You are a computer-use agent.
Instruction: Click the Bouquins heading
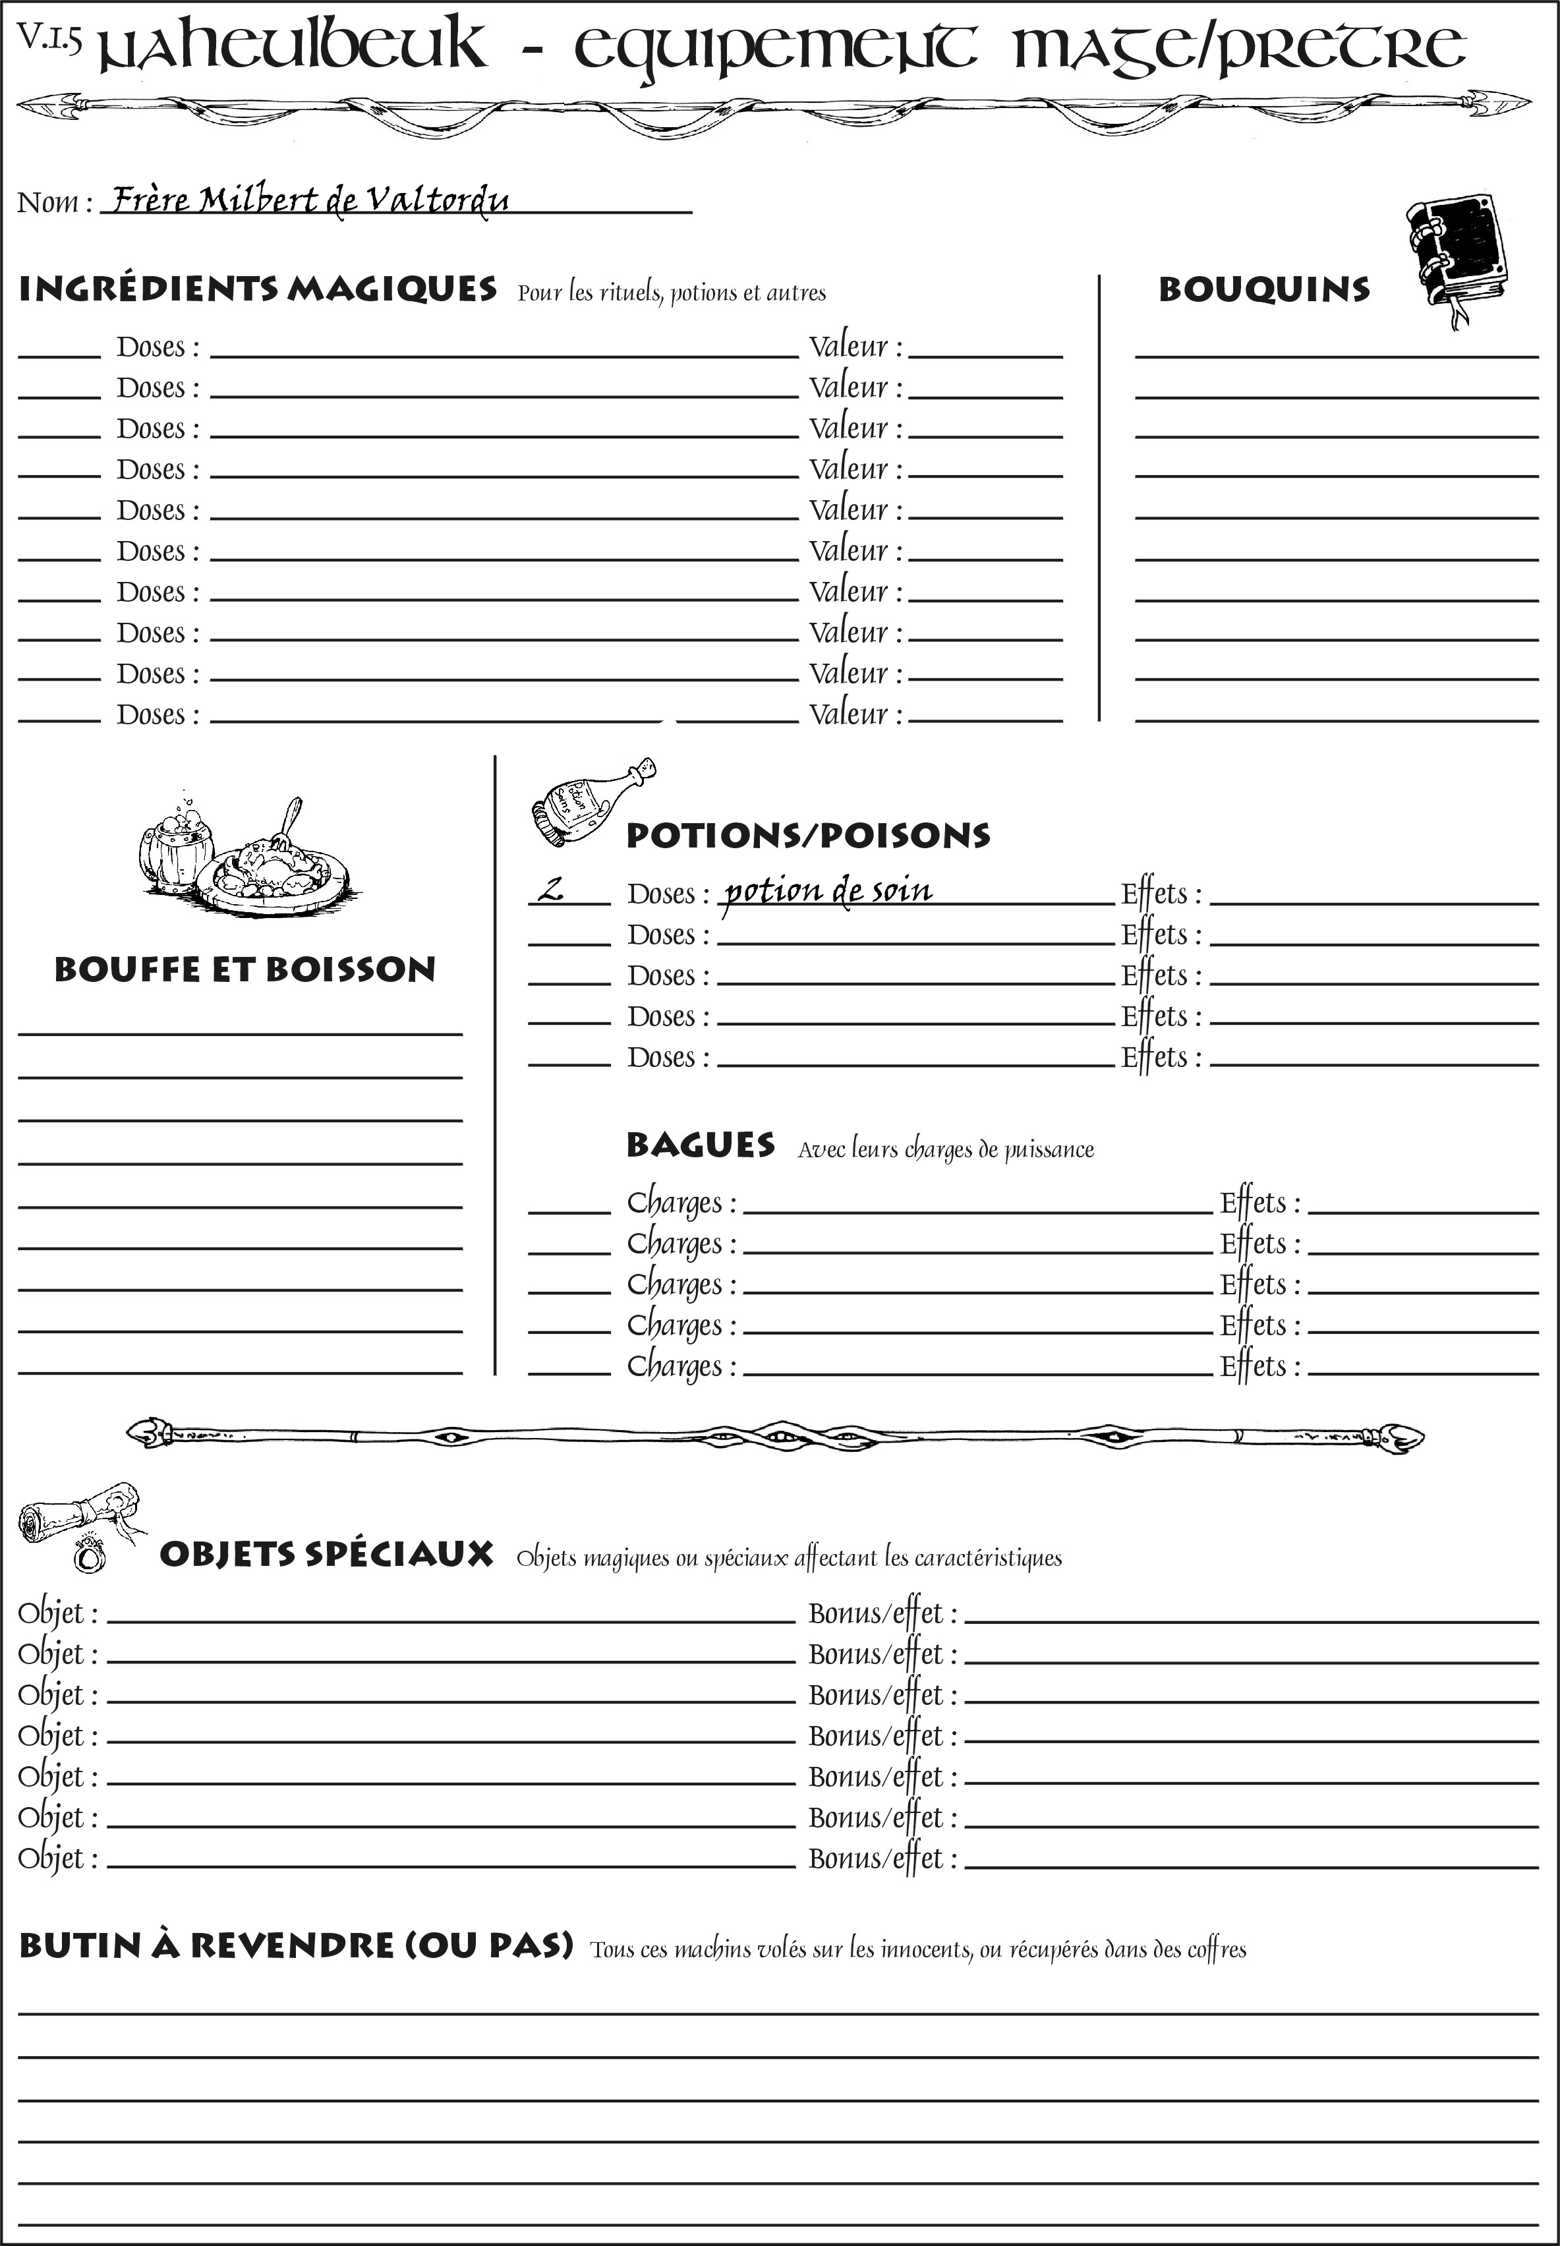point(1264,290)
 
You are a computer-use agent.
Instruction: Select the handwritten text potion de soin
point(828,890)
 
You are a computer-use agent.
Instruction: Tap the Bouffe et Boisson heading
point(245,969)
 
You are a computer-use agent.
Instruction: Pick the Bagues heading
point(701,1145)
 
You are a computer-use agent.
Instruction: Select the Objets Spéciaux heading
point(326,1554)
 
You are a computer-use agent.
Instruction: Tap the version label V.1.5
point(49,37)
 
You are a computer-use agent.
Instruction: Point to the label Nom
point(55,202)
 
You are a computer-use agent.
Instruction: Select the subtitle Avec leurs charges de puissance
point(945,1149)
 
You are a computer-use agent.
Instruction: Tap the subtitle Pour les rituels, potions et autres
point(672,293)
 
